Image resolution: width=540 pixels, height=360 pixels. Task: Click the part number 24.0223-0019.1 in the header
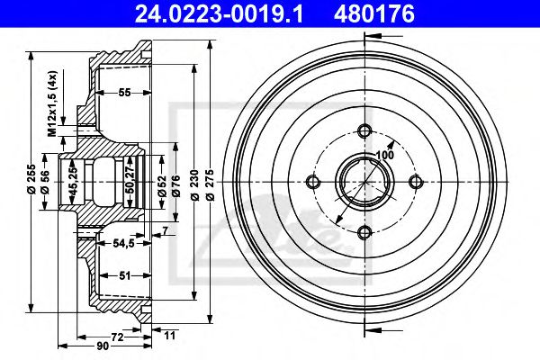(219, 14)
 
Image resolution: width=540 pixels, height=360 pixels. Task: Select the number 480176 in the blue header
(374, 14)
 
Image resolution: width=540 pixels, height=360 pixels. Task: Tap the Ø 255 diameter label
(31, 178)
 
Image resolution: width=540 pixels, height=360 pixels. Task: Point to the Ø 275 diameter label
(210, 185)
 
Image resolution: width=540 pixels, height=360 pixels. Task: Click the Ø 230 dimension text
(194, 185)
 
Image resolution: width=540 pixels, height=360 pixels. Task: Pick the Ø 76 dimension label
(175, 186)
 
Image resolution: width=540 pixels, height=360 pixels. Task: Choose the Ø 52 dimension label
(162, 186)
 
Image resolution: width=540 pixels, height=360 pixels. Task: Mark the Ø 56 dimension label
(45, 182)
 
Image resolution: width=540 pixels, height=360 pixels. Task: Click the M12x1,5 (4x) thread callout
(52, 103)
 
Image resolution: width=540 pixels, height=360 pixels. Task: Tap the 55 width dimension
(124, 93)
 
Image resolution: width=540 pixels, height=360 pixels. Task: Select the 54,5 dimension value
(123, 244)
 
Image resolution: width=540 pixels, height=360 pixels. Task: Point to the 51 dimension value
(124, 275)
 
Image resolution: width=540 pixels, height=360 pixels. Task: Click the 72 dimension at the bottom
(117, 337)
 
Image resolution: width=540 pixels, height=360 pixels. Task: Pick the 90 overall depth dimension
(103, 346)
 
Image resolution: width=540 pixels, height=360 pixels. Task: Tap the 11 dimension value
(169, 335)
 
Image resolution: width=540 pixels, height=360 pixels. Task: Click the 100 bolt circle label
(384, 156)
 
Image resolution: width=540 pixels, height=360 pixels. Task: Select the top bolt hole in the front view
(364, 130)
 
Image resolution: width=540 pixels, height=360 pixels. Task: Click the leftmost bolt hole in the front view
(313, 182)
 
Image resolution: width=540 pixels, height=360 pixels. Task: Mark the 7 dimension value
(166, 230)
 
